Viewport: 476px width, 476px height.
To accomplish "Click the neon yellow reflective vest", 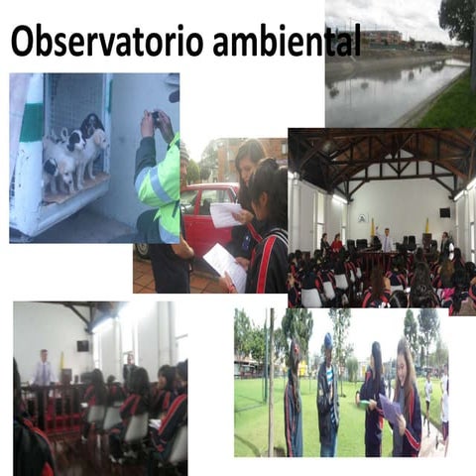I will (x=160, y=188).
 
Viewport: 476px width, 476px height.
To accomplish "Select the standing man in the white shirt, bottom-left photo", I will (x=43, y=368).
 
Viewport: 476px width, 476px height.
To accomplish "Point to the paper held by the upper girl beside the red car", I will (x=226, y=214).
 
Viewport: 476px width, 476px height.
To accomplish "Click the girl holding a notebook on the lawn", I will (x=404, y=397).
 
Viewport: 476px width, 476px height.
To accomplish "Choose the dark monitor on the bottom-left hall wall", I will (x=82, y=345).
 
